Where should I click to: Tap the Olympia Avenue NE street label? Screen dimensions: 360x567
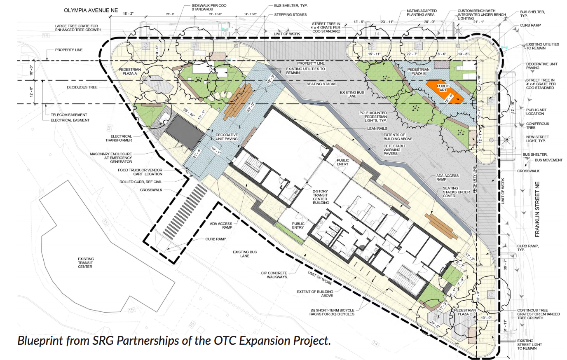pos(91,10)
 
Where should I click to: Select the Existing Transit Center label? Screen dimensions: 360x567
pos(85,263)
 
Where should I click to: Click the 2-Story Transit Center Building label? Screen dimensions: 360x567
pos(320,197)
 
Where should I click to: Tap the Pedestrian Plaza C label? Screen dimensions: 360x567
pos(465,312)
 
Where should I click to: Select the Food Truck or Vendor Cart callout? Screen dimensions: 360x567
pos(140,172)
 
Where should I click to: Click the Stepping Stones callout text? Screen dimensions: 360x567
pos(291,15)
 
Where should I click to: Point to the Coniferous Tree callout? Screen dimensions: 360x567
pos(537,125)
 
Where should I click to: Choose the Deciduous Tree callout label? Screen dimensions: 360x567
pos(82,87)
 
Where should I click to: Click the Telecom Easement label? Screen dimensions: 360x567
pos(69,115)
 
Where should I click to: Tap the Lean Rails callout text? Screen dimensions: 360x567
pos(377,129)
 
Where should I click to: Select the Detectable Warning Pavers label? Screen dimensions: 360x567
pos(394,150)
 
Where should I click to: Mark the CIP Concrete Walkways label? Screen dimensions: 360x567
pos(274,275)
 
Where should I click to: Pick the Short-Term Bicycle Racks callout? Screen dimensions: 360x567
pos(332,312)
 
